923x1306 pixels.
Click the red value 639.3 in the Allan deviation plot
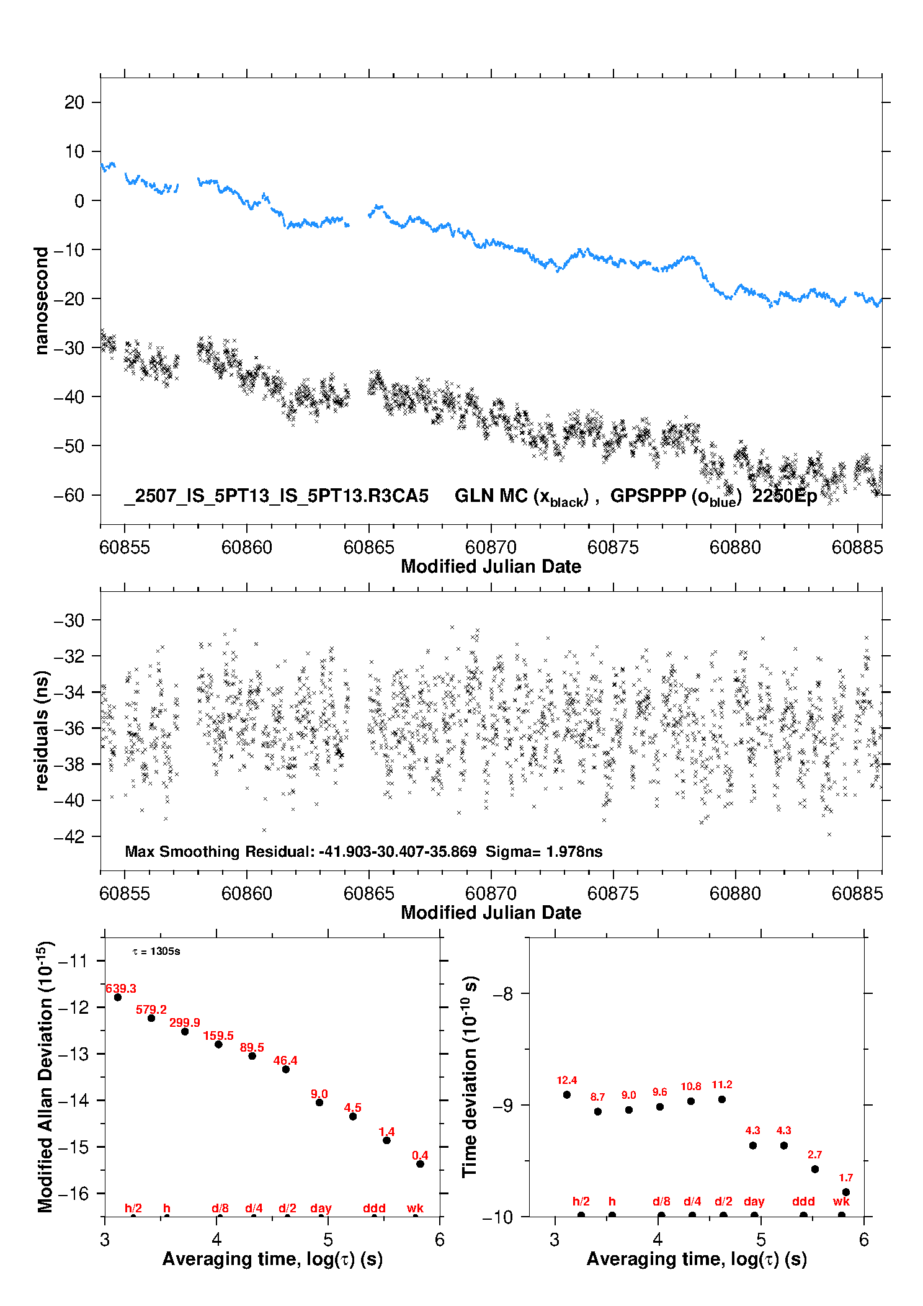coord(121,988)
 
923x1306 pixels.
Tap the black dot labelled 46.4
coord(286,1069)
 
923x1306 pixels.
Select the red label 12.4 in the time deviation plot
coord(567,1080)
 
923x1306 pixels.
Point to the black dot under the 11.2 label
coord(722,1099)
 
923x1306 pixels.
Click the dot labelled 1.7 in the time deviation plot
coord(846,1192)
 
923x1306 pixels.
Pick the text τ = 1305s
coord(156,951)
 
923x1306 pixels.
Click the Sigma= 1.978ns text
coord(544,851)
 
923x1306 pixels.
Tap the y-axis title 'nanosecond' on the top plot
coord(42,300)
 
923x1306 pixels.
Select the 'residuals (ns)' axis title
coord(42,730)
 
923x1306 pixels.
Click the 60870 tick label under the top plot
coord(491,547)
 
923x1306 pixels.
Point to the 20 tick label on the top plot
coord(74,102)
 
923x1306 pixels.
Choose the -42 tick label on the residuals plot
coord(69,836)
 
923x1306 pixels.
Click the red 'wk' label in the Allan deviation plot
coord(415,1208)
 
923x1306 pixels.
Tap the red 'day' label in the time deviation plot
coord(754,1201)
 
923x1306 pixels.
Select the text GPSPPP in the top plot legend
coord(648,495)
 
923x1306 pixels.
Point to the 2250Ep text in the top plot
coord(785,496)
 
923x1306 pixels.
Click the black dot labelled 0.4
coord(420,1164)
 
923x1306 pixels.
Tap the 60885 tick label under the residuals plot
coord(857,893)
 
